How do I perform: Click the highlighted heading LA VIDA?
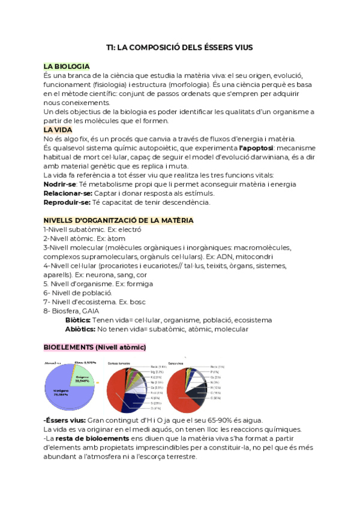coord(58,130)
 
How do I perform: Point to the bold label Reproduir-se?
coord(67,203)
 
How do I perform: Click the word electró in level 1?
coord(129,229)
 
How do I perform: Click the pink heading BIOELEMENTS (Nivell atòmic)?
coord(94,348)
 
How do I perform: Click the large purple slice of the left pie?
coord(60,388)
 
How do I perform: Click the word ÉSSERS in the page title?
coord(205,47)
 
